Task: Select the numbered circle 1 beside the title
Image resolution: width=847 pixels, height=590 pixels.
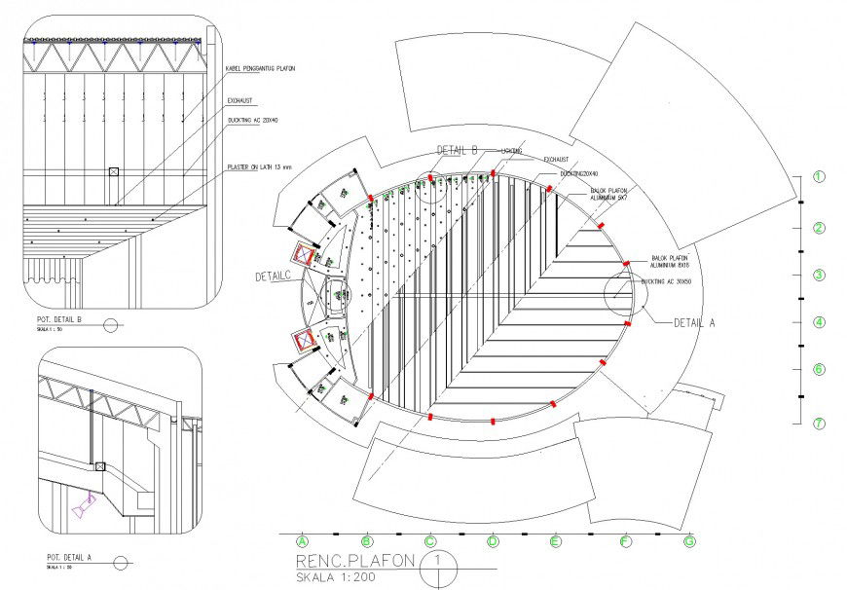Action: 439,562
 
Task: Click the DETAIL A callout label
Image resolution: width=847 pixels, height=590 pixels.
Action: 694,323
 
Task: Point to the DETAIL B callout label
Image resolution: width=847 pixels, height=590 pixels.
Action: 457,150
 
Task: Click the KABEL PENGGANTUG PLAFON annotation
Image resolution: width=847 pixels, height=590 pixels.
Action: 260,69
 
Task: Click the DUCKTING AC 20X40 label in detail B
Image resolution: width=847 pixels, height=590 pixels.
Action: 252,121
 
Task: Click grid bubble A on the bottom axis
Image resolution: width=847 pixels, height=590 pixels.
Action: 302,540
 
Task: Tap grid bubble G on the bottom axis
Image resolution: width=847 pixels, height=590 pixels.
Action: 688,540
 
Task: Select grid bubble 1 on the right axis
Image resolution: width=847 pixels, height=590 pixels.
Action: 819,177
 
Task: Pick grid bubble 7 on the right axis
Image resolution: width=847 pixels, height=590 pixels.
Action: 819,423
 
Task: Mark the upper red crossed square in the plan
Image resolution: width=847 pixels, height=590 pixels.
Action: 307,257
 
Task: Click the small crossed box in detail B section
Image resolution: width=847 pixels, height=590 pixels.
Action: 114,171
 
